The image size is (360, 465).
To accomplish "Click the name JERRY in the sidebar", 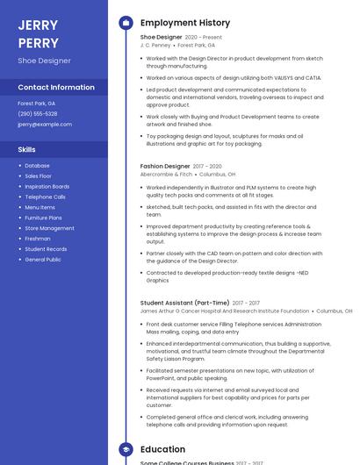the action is pyautogui.click(x=38, y=25).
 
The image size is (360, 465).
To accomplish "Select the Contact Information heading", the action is pyautogui.click(x=56, y=88).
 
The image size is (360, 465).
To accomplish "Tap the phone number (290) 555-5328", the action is pyautogui.click(x=38, y=114).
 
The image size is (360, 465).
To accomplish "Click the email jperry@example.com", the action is pyautogui.click(x=45, y=125).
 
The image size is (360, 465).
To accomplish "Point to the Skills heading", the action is pyautogui.click(x=26, y=149).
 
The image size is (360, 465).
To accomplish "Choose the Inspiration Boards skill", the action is pyautogui.click(x=47, y=186).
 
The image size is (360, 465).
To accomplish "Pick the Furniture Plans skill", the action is pyautogui.click(x=43, y=218).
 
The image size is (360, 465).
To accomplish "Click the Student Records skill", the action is pyautogui.click(x=46, y=249).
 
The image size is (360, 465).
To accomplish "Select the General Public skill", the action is pyautogui.click(x=43, y=260).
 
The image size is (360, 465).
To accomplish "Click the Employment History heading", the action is pyautogui.click(x=185, y=23).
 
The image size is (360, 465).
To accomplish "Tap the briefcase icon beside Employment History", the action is pyautogui.click(x=126, y=23).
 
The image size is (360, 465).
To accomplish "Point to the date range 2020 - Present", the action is pyautogui.click(x=203, y=38).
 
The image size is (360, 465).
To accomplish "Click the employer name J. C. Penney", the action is pyautogui.click(x=155, y=46).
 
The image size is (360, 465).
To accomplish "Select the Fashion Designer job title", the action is pyautogui.click(x=165, y=166).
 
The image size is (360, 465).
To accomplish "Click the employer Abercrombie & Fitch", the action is pyautogui.click(x=166, y=175).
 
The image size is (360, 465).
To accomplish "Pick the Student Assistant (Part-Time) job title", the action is pyautogui.click(x=184, y=303).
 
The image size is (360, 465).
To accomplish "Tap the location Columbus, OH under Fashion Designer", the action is pyautogui.click(x=218, y=175).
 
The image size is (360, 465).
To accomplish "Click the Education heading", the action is pyautogui.click(x=162, y=450).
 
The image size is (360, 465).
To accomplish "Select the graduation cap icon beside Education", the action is pyautogui.click(x=126, y=450).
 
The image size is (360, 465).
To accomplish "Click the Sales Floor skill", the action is pyautogui.click(x=39, y=175).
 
